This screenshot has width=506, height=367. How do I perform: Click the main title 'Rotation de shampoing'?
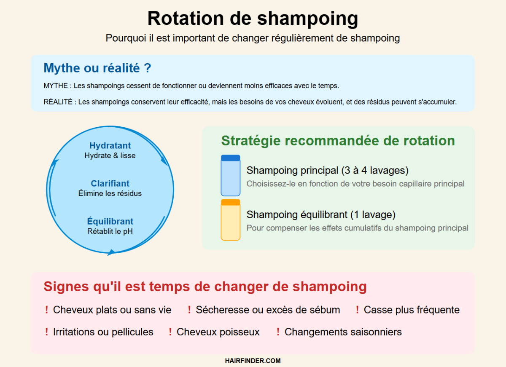pos(253,19)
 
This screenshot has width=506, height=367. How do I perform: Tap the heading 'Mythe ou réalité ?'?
pos(97,68)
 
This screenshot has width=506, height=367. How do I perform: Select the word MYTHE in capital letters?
pos(56,86)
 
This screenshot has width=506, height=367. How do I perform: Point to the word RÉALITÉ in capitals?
pos(58,102)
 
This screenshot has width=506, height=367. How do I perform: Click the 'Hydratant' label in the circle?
pos(110,146)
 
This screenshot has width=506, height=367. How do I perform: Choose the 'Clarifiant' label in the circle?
pos(110,184)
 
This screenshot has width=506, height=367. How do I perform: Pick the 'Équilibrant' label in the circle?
pos(110,221)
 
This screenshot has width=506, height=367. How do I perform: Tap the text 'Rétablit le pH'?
pos(110,231)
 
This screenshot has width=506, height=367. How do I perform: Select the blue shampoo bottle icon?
pos(230,175)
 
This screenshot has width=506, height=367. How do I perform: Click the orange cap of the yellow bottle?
pos(230,202)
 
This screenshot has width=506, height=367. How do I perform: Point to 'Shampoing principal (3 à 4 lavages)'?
pos(327,170)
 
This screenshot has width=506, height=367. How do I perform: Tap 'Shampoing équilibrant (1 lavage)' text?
pos(321,214)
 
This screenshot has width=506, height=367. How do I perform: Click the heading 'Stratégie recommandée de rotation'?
pos(338,141)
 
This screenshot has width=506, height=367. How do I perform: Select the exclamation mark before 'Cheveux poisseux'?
pos(170,332)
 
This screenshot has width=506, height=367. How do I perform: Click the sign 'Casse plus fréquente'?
pos(412,310)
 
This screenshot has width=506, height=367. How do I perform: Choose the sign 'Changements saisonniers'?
pos(343,332)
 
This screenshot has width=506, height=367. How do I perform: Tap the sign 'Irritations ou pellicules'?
pos(103,332)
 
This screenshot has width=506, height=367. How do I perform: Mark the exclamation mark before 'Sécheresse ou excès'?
pos(189,310)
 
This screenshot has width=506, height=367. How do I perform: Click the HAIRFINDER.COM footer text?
pos(253,361)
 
